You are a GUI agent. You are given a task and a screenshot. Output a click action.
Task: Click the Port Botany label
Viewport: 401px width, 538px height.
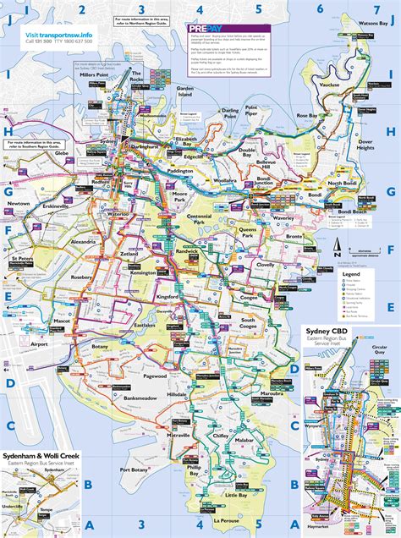coord(136,469)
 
